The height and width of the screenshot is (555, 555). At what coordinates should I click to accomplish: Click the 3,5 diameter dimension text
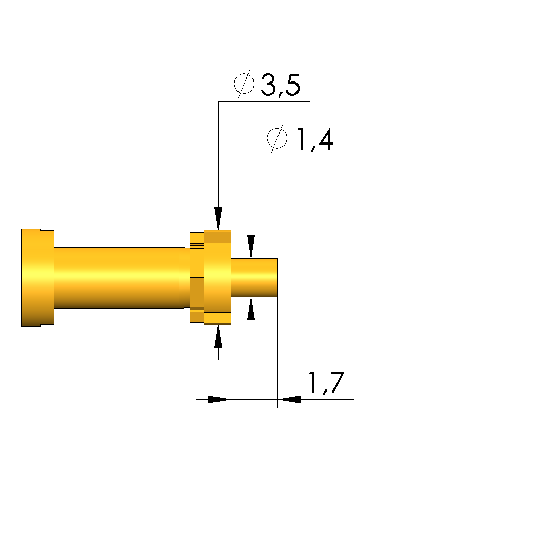point(280,85)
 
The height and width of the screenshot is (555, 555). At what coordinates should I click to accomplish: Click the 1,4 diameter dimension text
point(314,139)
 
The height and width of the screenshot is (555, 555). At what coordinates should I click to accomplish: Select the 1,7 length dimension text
point(326,383)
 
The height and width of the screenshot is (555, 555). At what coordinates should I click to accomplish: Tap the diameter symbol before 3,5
point(244,84)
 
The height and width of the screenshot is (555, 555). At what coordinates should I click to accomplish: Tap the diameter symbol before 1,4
point(277,138)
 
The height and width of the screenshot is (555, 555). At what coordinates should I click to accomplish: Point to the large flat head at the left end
point(37,278)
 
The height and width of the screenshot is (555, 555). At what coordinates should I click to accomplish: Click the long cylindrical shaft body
point(116,278)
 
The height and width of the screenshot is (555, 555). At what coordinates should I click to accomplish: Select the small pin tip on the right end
point(254,278)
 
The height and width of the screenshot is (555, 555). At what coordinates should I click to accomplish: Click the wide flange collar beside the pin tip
point(217,277)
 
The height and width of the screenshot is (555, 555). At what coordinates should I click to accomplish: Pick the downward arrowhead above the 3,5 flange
point(218,218)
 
